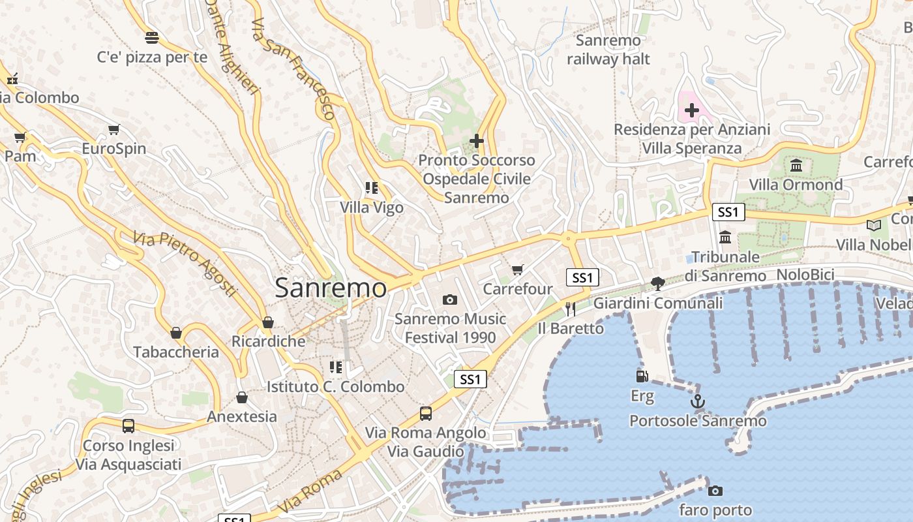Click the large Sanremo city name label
click(x=331, y=288)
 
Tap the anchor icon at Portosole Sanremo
click(x=698, y=401)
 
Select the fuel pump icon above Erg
click(x=642, y=376)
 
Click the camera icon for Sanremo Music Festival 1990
click(x=450, y=299)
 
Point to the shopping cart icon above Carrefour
click(x=518, y=269)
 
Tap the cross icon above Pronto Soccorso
click(x=477, y=140)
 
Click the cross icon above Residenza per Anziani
click(x=692, y=110)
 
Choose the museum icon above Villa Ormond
click(x=796, y=165)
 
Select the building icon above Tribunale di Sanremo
click(x=725, y=237)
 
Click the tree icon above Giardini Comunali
click(x=658, y=283)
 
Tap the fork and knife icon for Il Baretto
click(x=571, y=309)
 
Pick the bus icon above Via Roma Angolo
click(x=426, y=413)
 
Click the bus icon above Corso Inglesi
click(x=128, y=426)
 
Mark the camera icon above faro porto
click(x=715, y=490)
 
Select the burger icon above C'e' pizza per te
click(x=152, y=37)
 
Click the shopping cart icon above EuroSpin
click(x=114, y=129)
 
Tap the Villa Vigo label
click(x=372, y=207)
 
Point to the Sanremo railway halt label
click(x=608, y=50)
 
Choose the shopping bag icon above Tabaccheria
click(x=176, y=333)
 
